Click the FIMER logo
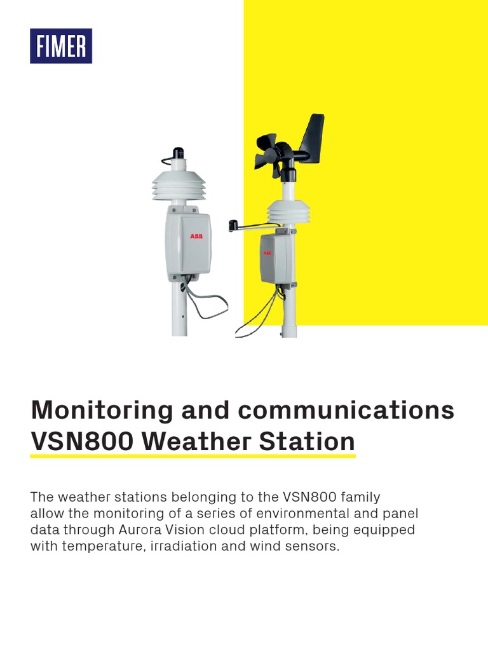pyautogui.click(x=61, y=46)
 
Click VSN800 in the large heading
pyautogui.click(x=76, y=441)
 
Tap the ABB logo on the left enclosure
pyautogui.click(x=195, y=236)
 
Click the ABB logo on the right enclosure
pyautogui.click(x=267, y=252)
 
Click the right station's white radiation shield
pyautogui.click(x=288, y=212)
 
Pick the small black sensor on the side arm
pyautogui.click(x=233, y=224)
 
